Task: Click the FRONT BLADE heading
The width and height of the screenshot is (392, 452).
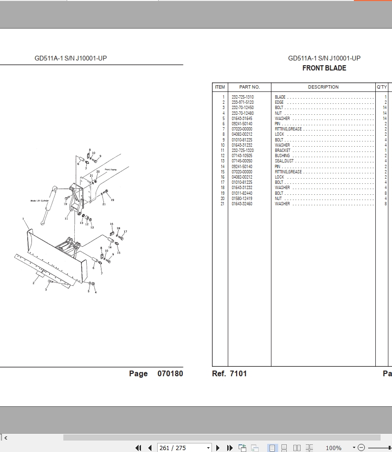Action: tap(324, 68)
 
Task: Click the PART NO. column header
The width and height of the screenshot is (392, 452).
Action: tap(249, 87)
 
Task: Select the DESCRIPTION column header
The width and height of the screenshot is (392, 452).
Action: tap(323, 87)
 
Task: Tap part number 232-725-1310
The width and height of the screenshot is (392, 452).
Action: tap(242, 97)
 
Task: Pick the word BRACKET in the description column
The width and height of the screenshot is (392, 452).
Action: tap(282, 151)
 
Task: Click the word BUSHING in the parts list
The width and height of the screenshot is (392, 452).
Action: tap(282, 156)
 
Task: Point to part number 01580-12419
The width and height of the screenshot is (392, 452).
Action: tap(242, 199)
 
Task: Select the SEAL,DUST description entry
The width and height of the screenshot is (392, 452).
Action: tap(284, 161)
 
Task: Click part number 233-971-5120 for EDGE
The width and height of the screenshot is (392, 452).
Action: tap(242, 102)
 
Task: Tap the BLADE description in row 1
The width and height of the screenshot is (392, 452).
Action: tap(280, 97)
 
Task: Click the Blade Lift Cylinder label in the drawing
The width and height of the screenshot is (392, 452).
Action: tap(40, 201)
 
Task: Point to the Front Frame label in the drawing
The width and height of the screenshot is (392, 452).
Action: tap(111, 170)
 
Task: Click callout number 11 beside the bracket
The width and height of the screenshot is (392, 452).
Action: tap(66, 219)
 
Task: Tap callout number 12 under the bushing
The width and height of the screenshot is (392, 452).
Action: tap(87, 224)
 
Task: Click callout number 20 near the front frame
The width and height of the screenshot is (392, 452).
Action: tap(98, 171)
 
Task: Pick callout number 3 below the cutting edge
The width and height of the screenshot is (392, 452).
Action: tap(46, 289)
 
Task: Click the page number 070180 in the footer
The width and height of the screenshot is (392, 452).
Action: tap(170, 374)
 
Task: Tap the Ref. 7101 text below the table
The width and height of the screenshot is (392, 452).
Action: tap(229, 374)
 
